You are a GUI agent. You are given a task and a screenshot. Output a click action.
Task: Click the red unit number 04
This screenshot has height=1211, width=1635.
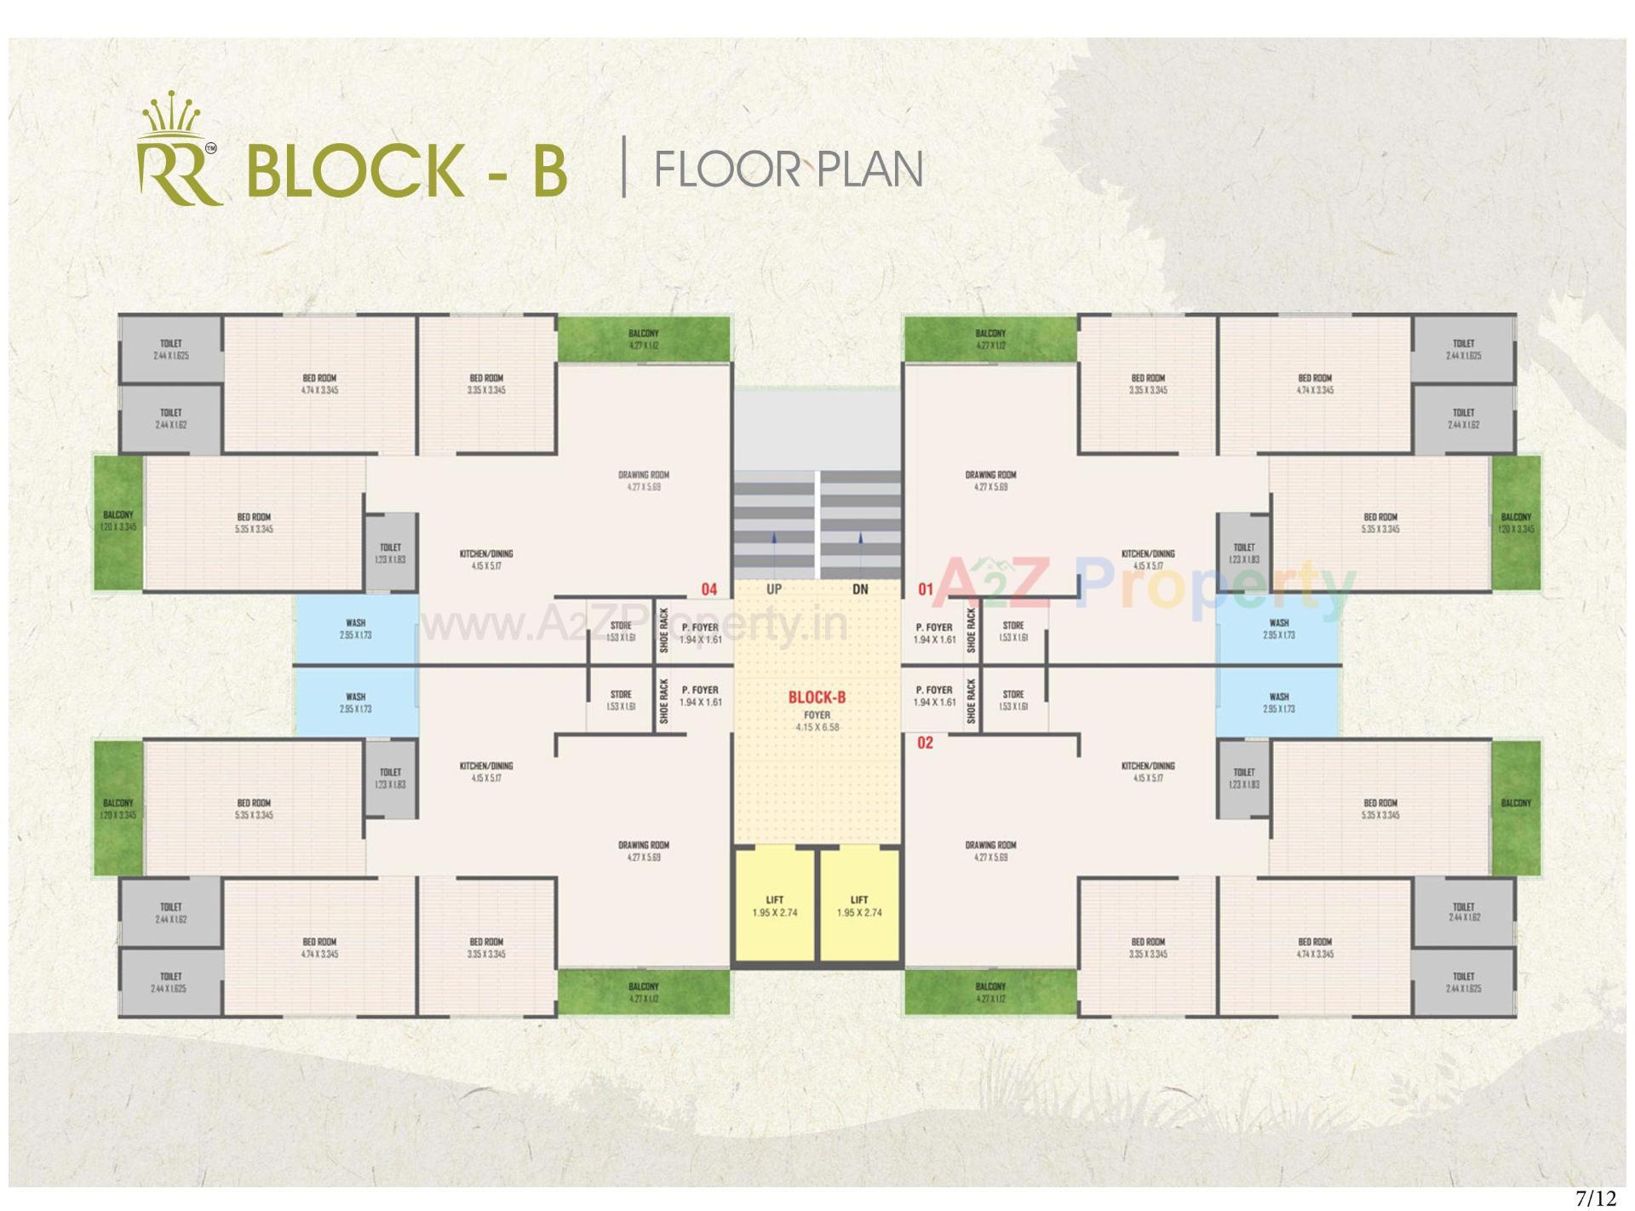pyautogui.click(x=708, y=588)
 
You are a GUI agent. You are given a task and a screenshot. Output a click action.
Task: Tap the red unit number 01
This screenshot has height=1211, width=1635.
pyautogui.click(x=926, y=588)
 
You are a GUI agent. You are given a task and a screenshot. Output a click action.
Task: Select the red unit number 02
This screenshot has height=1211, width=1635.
pyautogui.click(x=925, y=743)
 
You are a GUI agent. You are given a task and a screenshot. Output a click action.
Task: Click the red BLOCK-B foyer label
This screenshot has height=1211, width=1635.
pyautogui.click(x=817, y=697)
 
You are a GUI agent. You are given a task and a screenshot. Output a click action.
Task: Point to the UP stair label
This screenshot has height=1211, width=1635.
pyautogui.click(x=774, y=588)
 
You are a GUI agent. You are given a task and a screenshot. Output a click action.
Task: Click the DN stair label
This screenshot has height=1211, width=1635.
pyautogui.click(x=860, y=588)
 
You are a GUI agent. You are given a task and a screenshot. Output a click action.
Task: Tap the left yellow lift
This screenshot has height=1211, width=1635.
pyautogui.click(x=774, y=906)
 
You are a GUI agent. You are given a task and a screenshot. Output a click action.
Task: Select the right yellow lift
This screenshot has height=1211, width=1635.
pyautogui.click(x=859, y=906)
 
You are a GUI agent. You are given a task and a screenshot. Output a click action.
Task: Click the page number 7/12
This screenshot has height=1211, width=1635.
pyautogui.click(x=1595, y=1198)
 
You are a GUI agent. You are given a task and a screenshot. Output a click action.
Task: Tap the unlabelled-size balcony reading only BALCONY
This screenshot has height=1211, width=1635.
pyautogui.click(x=1516, y=804)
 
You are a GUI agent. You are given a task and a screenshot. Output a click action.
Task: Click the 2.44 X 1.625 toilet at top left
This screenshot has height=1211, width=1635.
pyautogui.click(x=170, y=350)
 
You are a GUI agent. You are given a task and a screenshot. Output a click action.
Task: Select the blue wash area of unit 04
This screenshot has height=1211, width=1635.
pyautogui.click(x=356, y=629)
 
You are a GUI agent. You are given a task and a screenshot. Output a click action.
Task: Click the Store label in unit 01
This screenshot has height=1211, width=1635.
pyautogui.click(x=1013, y=631)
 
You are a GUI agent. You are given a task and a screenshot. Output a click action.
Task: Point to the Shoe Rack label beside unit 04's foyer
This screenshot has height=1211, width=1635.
pyautogui.click(x=664, y=630)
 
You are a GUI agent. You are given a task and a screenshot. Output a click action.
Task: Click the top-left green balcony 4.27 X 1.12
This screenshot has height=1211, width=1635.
pyautogui.click(x=644, y=339)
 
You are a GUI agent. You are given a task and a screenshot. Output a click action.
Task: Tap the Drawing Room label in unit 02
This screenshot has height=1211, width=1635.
pyautogui.click(x=990, y=851)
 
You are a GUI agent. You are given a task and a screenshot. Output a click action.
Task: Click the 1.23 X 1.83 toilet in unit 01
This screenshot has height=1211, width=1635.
pyautogui.click(x=1243, y=553)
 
